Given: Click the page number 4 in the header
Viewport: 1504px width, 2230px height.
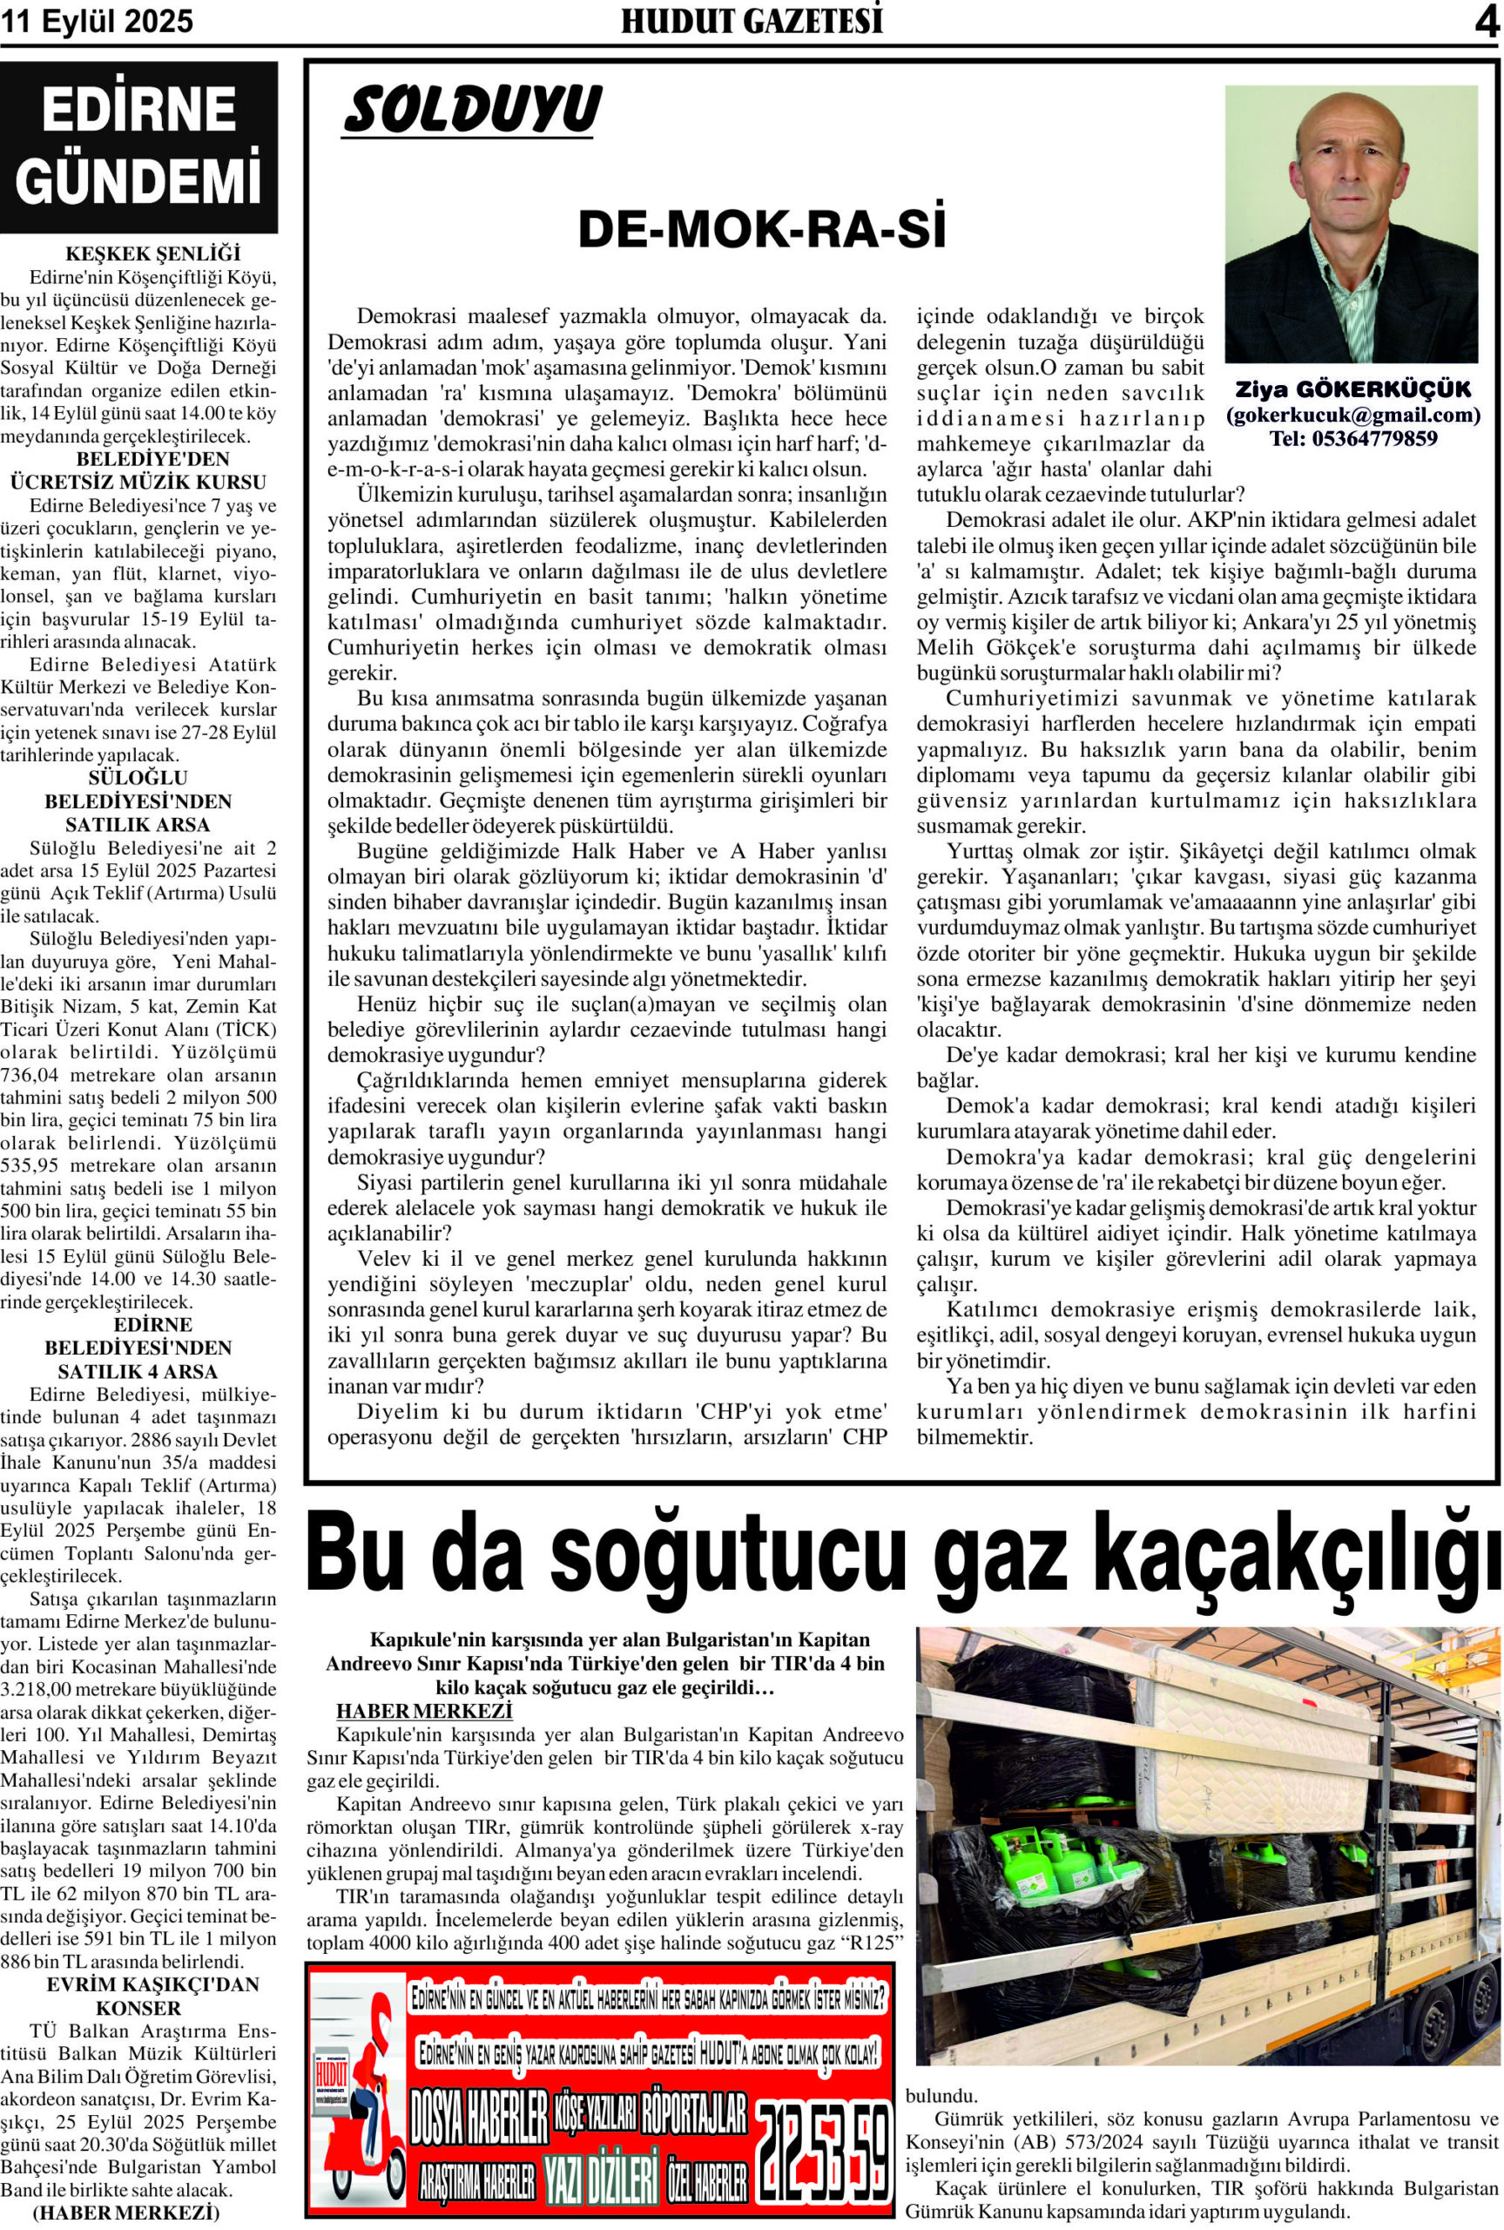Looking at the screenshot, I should [x=1486, y=21].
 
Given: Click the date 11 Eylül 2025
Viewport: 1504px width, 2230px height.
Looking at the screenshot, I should [x=98, y=21].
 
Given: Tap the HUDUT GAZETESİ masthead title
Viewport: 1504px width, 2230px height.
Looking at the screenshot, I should [x=751, y=21].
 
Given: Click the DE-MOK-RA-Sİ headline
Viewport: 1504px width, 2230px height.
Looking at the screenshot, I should [x=760, y=232].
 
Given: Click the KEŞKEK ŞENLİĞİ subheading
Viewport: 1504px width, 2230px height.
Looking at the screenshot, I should [x=139, y=254].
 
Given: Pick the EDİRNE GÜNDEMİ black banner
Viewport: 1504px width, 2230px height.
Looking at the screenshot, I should [x=139, y=146].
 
